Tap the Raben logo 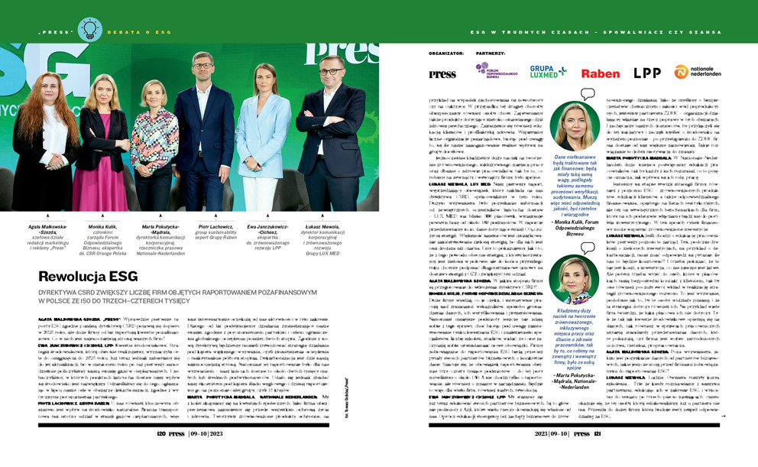pyautogui.click(x=600, y=73)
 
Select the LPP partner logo pyautogui.click(x=646, y=73)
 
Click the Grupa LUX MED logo pyautogui.click(x=549, y=72)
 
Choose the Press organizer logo pyautogui.click(x=443, y=74)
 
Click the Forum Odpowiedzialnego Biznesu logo pyautogui.click(x=492, y=72)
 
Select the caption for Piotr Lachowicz pyautogui.click(x=202, y=231)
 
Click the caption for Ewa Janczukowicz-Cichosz pyautogui.click(x=262, y=234)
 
